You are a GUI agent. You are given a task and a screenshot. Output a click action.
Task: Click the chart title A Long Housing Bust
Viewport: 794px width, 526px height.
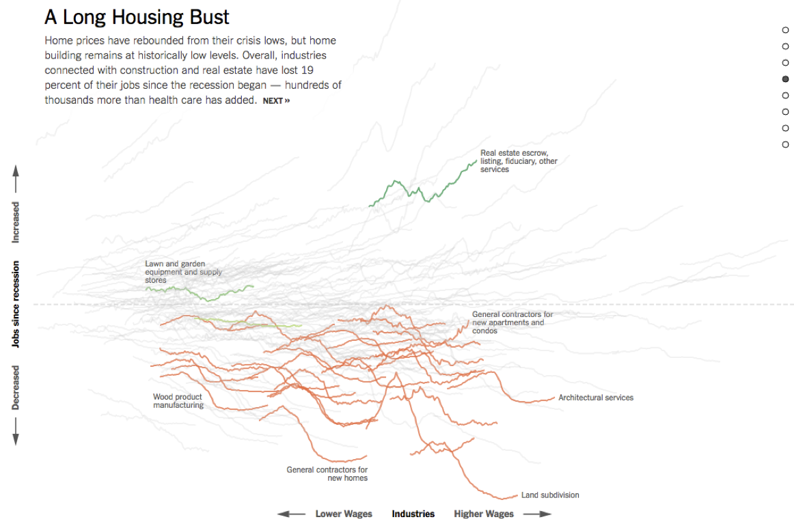coord(137,17)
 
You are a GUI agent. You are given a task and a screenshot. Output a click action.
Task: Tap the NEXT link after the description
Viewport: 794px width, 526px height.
coord(276,101)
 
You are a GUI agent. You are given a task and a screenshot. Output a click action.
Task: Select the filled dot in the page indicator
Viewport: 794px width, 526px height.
coord(785,79)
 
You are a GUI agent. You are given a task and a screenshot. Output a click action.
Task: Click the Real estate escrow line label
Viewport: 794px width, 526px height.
coord(519,161)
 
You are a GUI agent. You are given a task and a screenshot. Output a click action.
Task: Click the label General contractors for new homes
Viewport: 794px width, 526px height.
coord(327,473)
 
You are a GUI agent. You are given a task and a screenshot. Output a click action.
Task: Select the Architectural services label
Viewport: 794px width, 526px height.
coord(595,398)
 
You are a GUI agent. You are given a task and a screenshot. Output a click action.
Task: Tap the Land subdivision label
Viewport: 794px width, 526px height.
coord(550,495)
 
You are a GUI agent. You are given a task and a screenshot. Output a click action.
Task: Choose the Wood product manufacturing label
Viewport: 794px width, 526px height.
coord(178,401)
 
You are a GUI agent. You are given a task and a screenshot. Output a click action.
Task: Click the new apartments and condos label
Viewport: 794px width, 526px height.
coord(512,322)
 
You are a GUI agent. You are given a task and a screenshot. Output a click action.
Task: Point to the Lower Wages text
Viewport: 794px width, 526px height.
coord(344,514)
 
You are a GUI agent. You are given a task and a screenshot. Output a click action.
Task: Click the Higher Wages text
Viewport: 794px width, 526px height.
coord(483,514)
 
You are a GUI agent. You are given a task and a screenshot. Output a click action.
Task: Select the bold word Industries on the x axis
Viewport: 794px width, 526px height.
coord(413,514)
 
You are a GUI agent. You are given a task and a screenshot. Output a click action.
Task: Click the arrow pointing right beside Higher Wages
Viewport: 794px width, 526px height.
coord(536,514)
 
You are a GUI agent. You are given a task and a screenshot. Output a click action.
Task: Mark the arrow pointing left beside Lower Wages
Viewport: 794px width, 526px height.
coord(292,514)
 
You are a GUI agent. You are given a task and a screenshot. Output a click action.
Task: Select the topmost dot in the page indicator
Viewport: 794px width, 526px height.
coord(785,30)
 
